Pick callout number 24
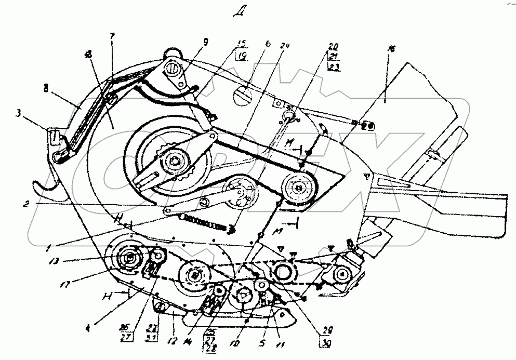coord(284,45)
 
